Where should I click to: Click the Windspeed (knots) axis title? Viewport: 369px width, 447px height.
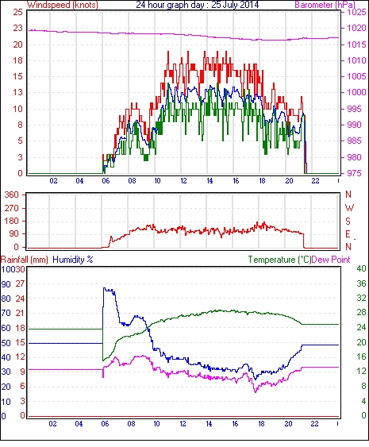[62, 5]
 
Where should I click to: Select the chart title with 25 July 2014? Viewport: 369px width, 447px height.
[197, 5]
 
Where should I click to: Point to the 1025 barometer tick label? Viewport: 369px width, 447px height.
[356, 12]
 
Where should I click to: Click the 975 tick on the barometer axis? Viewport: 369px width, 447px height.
[354, 173]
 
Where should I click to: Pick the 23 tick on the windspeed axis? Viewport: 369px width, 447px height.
[17, 28]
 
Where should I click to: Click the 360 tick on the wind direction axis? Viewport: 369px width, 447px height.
[11, 195]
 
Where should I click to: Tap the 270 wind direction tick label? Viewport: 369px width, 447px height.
[11, 208]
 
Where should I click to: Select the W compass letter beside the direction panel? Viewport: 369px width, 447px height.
[349, 208]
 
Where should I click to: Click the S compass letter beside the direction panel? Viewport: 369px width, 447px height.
[348, 221]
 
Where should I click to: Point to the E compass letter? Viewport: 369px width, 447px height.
[348, 234]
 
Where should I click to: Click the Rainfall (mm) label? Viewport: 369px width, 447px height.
[25, 260]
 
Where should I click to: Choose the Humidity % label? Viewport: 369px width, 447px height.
[73, 260]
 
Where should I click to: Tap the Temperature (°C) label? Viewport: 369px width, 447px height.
[279, 260]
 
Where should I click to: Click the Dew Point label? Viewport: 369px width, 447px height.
[331, 260]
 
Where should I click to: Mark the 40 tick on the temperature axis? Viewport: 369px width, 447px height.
[361, 268]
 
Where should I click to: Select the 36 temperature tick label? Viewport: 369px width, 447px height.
[361, 283]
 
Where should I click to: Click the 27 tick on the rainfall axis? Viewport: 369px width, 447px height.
[20, 283]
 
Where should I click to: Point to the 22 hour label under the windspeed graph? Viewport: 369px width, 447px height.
[315, 181]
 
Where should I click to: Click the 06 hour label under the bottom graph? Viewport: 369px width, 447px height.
[105, 424]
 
